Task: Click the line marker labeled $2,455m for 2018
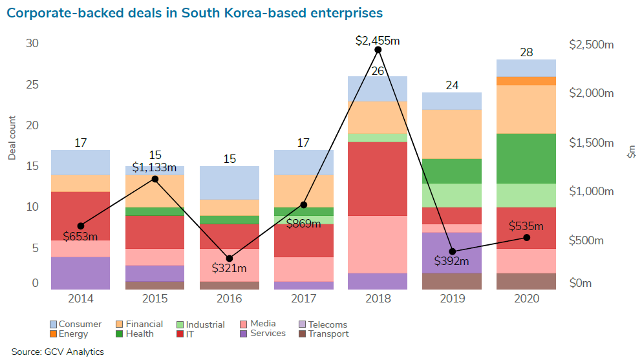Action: coord(378,50)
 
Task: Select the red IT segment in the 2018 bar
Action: coord(378,178)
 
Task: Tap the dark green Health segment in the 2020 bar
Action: coord(526,158)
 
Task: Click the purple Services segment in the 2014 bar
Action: coord(80,273)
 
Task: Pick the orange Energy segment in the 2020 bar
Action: coord(526,81)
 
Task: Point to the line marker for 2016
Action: coord(230,259)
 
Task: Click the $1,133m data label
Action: coord(155,167)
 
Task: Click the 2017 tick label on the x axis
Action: coord(303,299)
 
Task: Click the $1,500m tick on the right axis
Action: coord(591,142)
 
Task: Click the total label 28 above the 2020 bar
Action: coord(526,52)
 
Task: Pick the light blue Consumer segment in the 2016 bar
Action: coord(230,183)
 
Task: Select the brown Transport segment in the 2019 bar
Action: coord(453,281)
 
